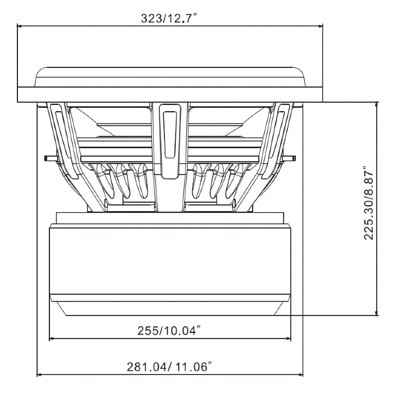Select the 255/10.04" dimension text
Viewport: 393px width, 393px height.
coord(170,331)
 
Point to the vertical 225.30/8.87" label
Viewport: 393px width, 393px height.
coord(369,203)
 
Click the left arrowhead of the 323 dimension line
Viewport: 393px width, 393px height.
coord(21,26)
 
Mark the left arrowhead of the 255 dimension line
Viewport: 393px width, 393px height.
coord(53,339)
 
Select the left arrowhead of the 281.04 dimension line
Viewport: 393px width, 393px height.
coord(40,374)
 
